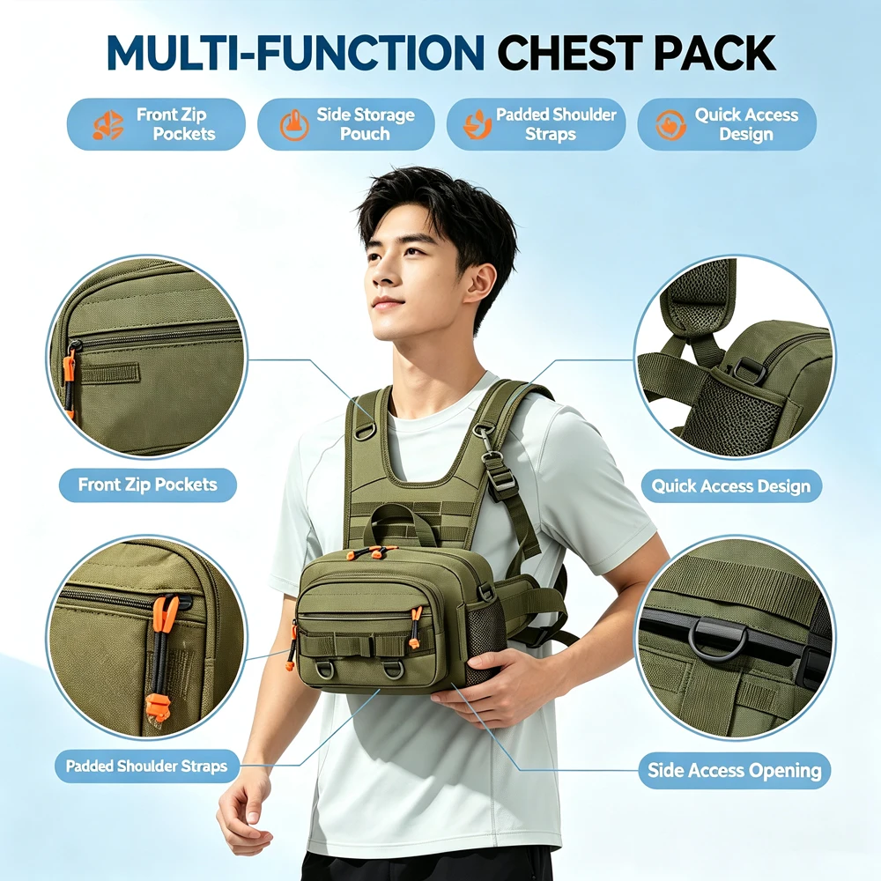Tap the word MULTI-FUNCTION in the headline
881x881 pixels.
pyautogui.click(x=295, y=52)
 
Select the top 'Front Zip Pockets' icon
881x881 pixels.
pyautogui.click(x=107, y=125)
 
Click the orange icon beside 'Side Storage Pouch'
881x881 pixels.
pyautogui.click(x=294, y=125)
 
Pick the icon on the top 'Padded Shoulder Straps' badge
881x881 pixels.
pyautogui.click(x=478, y=124)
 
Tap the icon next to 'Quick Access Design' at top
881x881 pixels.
pyautogui.click(x=670, y=125)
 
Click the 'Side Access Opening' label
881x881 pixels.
pyautogui.click(x=735, y=770)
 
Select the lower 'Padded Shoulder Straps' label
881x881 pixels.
pyautogui.click(x=146, y=766)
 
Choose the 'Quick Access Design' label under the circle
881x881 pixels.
pyautogui.click(x=731, y=485)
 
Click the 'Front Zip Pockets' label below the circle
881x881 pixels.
pyautogui.click(x=148, y=485)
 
